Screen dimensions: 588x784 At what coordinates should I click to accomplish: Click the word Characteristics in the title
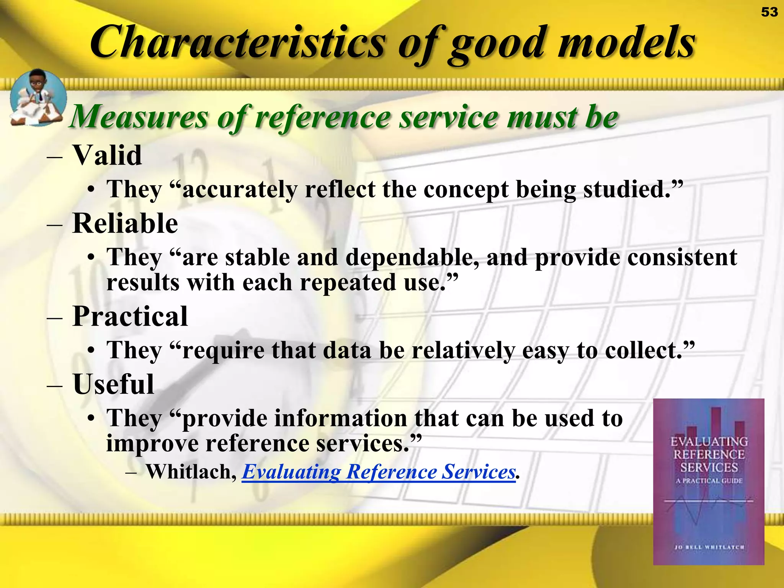(237, 42)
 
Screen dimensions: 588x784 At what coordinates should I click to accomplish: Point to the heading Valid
(107, 155)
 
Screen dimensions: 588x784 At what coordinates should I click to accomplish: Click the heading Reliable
(125, 224)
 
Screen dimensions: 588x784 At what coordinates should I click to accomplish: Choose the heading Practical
(130, 317)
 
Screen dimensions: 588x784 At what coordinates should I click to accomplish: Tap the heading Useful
(113, 384)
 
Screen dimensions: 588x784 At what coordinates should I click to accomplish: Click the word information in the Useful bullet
(294, 418)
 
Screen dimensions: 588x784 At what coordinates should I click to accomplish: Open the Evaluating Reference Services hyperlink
(379, 472)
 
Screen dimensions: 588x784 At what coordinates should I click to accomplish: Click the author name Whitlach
(191, 472)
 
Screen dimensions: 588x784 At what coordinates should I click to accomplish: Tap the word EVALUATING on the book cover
(709, 442)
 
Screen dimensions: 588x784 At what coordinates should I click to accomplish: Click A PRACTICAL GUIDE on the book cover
(709, 481)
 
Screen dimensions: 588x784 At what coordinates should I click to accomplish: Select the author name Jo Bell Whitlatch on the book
(709, 547)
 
